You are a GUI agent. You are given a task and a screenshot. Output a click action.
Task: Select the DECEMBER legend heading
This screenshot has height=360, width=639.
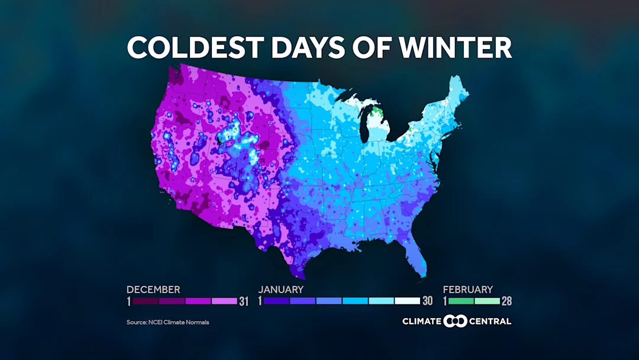point(153,290)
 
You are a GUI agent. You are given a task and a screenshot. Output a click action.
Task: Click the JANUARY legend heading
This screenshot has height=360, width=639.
point(281,290)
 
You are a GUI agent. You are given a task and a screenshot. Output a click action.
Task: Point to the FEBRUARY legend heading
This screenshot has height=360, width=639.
point(468,290)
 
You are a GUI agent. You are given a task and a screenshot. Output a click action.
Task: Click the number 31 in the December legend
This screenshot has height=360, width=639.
point(243,301)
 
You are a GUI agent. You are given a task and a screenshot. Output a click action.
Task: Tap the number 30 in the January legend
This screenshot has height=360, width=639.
point(428,301)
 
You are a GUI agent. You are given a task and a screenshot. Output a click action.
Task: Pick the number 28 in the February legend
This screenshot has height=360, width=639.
point(506,301)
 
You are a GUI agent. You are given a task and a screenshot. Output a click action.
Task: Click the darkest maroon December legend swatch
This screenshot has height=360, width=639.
point(145,301)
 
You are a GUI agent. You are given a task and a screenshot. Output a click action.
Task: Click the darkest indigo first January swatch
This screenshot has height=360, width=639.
point(276,301)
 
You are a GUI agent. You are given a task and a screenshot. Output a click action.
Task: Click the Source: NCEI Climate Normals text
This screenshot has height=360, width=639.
point(167,322)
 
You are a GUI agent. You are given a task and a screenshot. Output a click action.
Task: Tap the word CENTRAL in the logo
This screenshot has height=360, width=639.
point(490,322)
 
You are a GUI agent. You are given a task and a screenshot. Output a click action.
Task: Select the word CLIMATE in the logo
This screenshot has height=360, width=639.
point(422,322)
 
